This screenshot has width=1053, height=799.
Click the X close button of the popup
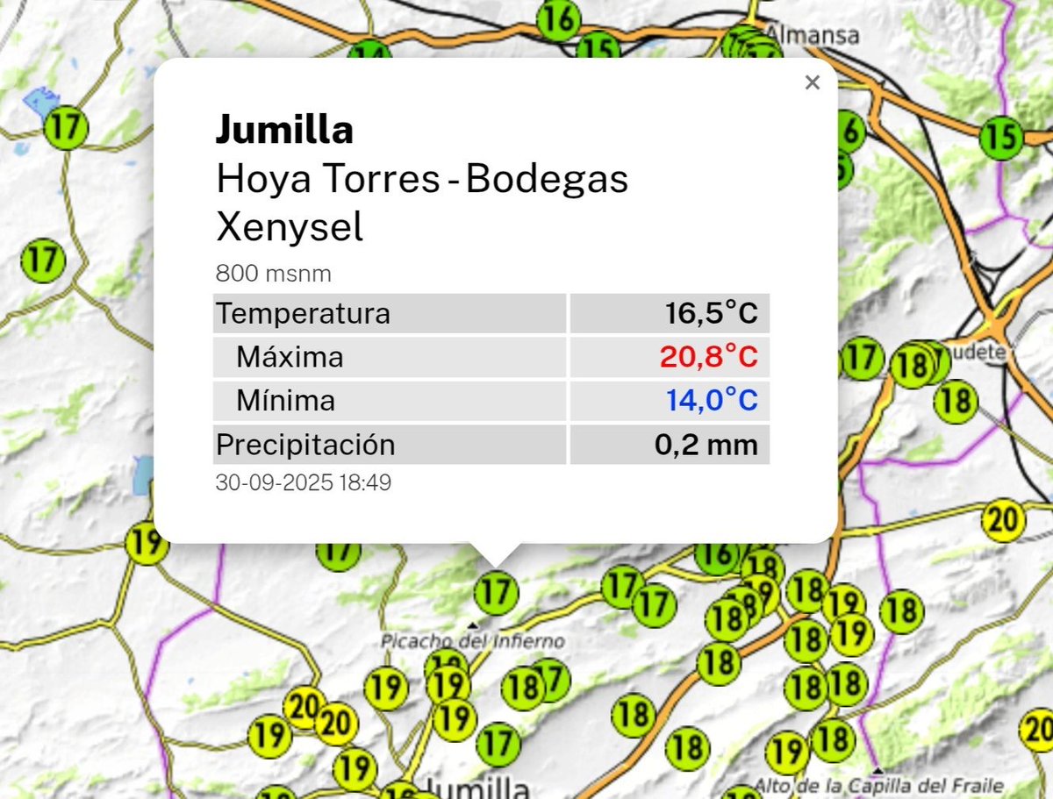(x=812, y=83)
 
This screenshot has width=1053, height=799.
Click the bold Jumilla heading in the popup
(x=284, y=131)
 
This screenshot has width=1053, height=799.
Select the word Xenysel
(x=289, y=228)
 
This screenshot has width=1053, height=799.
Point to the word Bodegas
(x=547, y=180)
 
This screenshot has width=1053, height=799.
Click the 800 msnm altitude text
(x=273, y=275)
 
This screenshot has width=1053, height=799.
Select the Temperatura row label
(x=303, y=313)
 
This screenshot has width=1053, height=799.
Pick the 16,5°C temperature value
(x=711, y=313)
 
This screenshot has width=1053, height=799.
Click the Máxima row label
(x=290, y=357)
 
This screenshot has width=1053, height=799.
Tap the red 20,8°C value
(x=708, y=357)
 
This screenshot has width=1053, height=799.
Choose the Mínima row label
(x=285, y=401)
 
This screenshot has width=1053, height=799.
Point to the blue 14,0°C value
(x=711, y=401)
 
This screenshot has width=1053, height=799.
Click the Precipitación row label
(x=305, y=445)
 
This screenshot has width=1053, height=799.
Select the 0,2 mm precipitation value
(x=706, y=445)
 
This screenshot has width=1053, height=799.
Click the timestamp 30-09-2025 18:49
(x=303, y=482)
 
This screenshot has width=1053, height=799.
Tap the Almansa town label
(x=812, y=35)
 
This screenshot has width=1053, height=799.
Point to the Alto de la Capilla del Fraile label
(x=877, y=786)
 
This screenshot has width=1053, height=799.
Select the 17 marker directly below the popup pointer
(x=496, y=592)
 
